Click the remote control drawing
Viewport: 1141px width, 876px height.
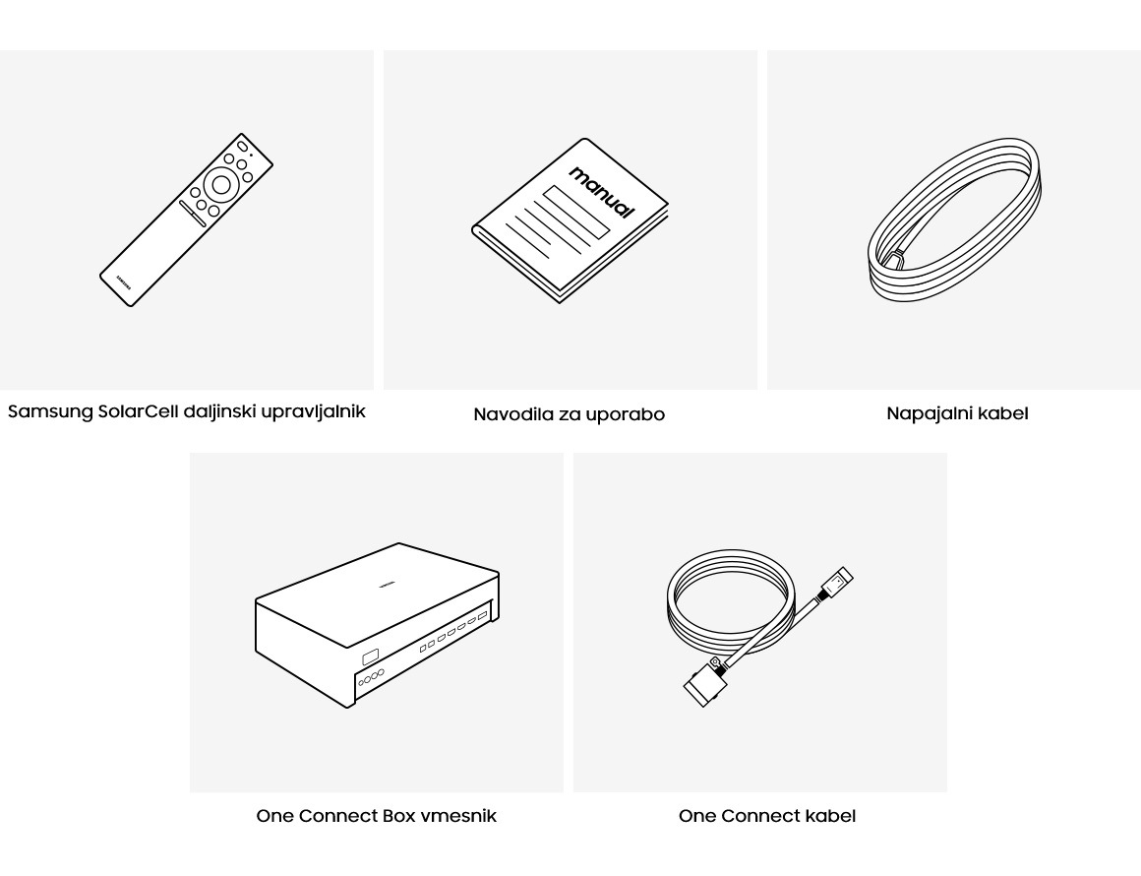coord(186,219)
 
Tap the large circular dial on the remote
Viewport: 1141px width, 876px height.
coord(221,185)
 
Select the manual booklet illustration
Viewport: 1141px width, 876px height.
coord(570,220)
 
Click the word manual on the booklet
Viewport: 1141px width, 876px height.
coord(602,192)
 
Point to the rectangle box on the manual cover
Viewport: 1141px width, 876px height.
coord(575,212)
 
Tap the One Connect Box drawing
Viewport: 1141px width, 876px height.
coord(377,625)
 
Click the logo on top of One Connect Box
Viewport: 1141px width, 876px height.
coord(387,583)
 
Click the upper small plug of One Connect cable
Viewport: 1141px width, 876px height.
coord(837,583)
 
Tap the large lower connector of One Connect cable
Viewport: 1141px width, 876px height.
coord(705,682)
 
